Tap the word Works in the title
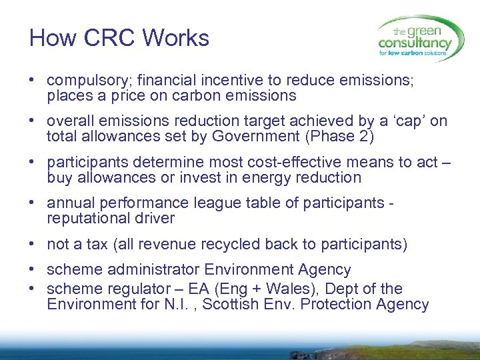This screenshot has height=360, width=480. [x=175, y=38]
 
